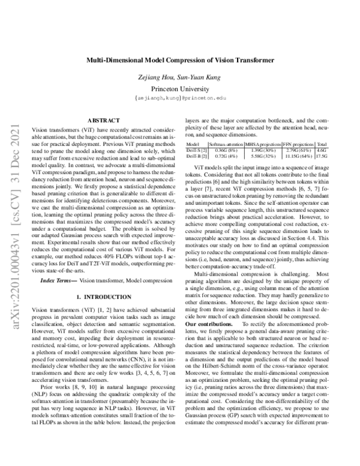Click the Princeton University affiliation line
pyautogui.click(x=179, y=88)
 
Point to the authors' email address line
pyautogui.click(x=179, y=97)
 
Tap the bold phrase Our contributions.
pyautogui.click(x=208, y=324)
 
